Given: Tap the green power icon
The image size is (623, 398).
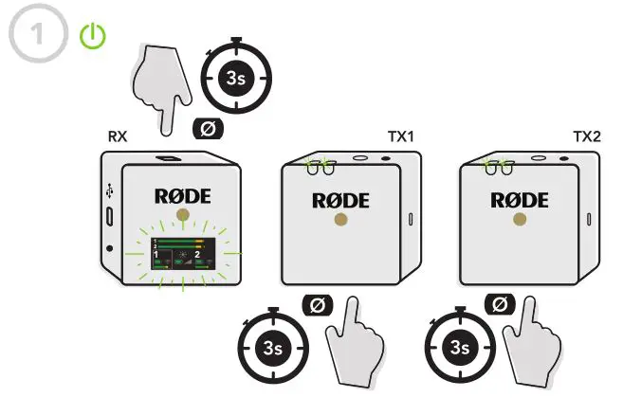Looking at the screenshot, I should pyautogui.click(x=92, y=36).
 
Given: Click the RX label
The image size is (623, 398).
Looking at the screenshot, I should pyautogui.click(x=118, y=136).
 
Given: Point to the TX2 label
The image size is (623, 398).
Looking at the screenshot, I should pyautogui.click(x=588, y=136).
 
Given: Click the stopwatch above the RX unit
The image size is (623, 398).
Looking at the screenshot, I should pyautogui.click(x=236, y=78).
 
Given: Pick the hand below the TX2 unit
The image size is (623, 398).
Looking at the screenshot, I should pyautogui.click(x=532, y=338).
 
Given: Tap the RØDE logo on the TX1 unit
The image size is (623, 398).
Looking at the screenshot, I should pyautogui.click(x=341, y=200).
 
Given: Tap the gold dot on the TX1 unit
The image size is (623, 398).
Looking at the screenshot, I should pyautogui.click(x=341, y=221).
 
